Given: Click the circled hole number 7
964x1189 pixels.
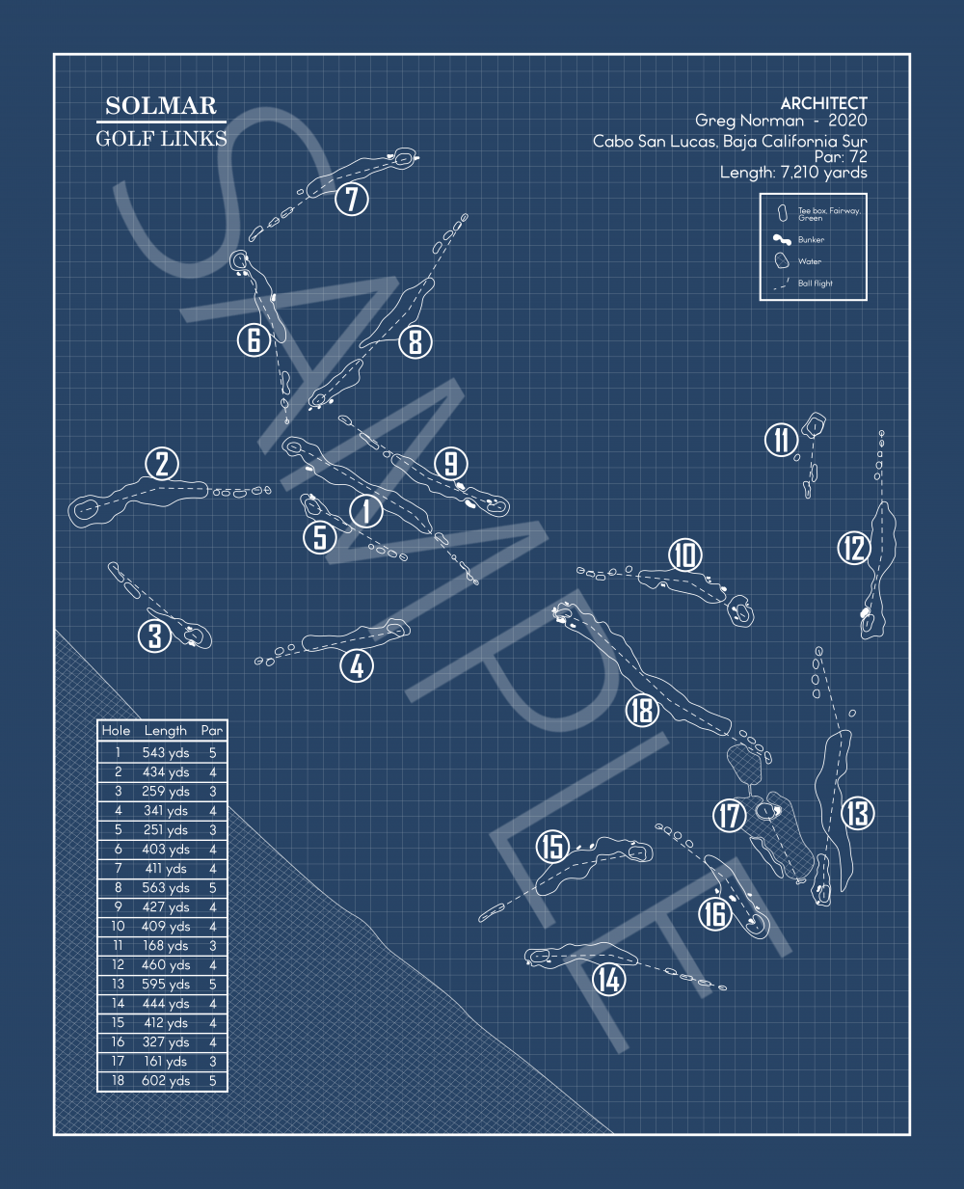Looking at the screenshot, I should click(x=352, y=200).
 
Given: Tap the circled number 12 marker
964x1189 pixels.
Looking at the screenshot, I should click(x=854, y=549).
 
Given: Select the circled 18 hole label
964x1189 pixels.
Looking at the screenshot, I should click(x=642, y=711).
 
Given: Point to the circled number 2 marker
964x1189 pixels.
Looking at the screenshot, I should click(x=162, y=464).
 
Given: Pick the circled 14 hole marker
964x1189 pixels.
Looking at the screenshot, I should click(x=608, y=980).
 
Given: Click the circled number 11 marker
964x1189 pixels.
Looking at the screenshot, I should click(x=781, y=440).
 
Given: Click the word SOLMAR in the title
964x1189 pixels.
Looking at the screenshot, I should click(x=161, y=106).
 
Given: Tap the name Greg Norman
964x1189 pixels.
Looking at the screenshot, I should click(x=749, y=121).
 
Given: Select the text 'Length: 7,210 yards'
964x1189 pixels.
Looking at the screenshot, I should click(x=793, y=173).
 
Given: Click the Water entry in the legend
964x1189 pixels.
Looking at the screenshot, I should click(x=809, y=261).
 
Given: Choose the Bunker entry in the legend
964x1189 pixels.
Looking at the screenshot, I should click(x=811, y=240).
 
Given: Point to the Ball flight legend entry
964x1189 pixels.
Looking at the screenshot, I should click(x=815, y=284).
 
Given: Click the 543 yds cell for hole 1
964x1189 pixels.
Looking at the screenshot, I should click(x=166, y=753).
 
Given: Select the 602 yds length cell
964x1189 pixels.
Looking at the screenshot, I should click(x=166, y=1081).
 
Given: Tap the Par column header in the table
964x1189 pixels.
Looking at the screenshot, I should click(x=212, y=731).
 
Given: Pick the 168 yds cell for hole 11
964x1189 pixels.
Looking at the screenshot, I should click(x=166, y=946).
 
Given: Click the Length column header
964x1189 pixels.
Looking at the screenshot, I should click(x=166, y=731).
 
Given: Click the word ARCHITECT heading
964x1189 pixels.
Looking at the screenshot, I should click(x=823, y=103).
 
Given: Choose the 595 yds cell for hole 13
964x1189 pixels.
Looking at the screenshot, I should click(x=166, y=985).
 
